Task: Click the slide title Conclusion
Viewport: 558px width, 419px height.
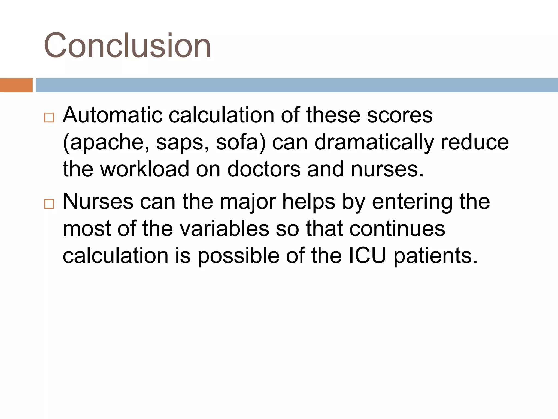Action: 127,46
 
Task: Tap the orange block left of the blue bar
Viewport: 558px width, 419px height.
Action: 16,85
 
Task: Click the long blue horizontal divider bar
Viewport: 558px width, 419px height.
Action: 297,85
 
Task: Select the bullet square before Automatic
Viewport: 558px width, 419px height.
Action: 49,118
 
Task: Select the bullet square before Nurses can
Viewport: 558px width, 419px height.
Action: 49,204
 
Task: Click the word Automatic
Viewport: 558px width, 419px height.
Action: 113,115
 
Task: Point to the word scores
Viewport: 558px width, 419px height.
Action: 399,115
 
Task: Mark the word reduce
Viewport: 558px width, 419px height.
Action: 475,142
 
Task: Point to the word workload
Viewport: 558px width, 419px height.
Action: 145,169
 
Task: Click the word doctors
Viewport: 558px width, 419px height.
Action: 264,169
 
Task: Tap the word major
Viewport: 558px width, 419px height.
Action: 248,202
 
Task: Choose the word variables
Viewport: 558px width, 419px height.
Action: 225,229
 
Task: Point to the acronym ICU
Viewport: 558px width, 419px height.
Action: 368,256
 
